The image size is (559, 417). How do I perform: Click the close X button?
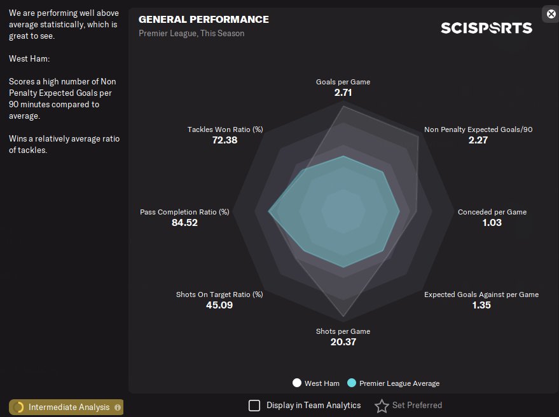(x=551, y=14)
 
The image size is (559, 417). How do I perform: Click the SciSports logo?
(x=487, y=28)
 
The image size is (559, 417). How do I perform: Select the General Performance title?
(x=204, y=20)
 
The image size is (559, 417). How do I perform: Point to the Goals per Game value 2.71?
(x=343, y=93)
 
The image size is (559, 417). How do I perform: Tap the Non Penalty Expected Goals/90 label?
(x=478, y=129)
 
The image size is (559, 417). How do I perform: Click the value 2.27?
(x=478, y=140)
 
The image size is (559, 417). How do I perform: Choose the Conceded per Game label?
(x=492, y=212)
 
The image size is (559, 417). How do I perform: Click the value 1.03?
(x=492, y=223)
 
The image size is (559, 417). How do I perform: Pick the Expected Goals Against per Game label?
(x=481, y=295)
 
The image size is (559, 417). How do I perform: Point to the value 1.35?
(x=481, y=305)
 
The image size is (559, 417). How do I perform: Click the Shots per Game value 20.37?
(x=343, y=342)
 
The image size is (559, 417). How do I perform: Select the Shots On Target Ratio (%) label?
(x=219, y=295)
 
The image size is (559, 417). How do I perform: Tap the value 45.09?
(x=220, y=305)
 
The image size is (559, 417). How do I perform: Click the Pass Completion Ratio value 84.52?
(x=184, y=223)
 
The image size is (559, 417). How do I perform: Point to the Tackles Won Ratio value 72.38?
(x=224, y=140)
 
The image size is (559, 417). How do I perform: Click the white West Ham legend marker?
(x=297, y=383)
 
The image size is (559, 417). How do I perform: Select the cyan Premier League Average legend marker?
(x=352, y=383)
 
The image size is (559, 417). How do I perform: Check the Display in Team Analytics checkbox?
(x=254, y=406)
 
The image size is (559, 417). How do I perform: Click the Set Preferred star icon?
(x=382, y=406)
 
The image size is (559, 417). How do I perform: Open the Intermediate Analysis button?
(x=66, y=407)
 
